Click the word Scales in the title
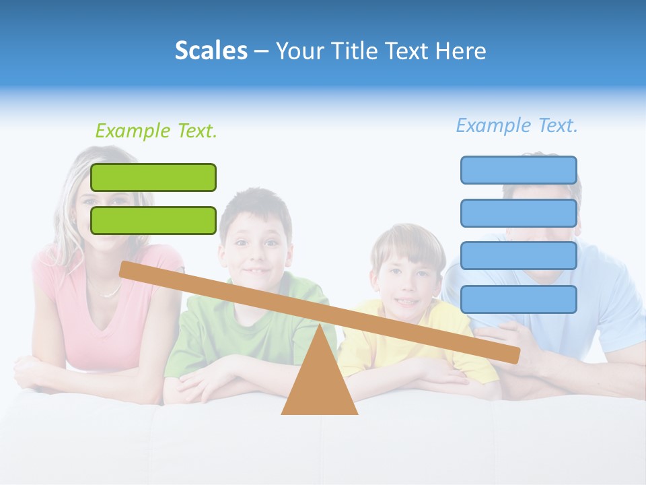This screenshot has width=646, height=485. point(211,51)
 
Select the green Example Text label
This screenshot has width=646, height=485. point(156,131)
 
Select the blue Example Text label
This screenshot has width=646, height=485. point(517,125)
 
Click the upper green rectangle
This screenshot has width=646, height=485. point(153,177)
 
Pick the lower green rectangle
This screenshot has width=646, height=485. point(153,220)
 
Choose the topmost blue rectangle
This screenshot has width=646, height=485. point(518,170)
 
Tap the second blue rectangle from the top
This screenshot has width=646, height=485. point(518,213)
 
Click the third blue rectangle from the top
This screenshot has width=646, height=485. point(518,256)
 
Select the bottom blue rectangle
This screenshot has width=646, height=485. point(518,299)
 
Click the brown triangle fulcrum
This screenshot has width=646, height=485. point(320,384)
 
